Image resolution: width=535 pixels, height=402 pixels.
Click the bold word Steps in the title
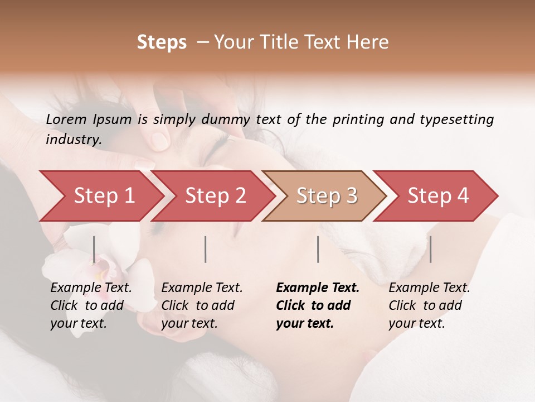[162, 42]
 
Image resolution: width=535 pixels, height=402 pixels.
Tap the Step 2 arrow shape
[215, 196]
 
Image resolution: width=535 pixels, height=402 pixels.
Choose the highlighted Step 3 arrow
[326, 196]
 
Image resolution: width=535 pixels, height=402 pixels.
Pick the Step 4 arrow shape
[437, 196]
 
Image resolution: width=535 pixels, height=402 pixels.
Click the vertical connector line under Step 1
[94, 249]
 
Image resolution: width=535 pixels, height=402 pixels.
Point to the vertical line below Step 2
[206, 249]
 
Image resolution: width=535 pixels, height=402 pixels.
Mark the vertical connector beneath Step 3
[318, 249]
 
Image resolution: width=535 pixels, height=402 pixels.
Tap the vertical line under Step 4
[430, 249]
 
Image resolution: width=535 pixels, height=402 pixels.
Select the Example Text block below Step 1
[90, 305]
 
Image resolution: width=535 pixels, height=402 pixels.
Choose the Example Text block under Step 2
[201, 305]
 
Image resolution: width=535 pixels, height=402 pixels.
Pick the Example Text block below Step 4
[429, 305]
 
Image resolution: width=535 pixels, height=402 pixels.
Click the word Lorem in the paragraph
[66, 119]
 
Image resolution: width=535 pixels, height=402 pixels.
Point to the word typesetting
[458, 119]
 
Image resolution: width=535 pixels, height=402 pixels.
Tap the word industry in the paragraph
[73, 140]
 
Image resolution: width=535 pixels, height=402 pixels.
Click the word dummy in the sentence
[228, 119]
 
